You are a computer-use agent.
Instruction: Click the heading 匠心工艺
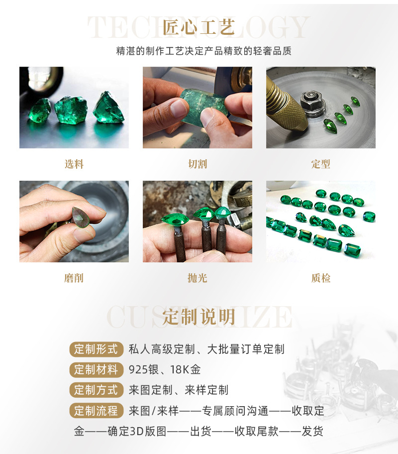click(199, 27)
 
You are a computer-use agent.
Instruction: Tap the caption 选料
click(74, 164)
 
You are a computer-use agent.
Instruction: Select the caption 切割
click(198, 164)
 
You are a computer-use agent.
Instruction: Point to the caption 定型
click(321, 164)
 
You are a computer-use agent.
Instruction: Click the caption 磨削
click(74, 278)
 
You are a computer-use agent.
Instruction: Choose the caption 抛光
click(198, 278)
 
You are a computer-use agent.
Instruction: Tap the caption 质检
click(321, 278)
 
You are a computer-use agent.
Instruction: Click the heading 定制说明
click(199, 317)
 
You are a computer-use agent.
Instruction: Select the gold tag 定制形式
click(96, 349)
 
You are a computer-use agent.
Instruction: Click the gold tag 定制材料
click(96, 370)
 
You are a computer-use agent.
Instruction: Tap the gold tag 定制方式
click(96, 390)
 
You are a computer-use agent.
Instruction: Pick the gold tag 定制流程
click(96, 411)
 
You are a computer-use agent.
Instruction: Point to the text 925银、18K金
click(165, 370)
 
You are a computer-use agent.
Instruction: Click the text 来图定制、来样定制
click(179, 390)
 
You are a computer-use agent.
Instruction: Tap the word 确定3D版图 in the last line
click(132, 431)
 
